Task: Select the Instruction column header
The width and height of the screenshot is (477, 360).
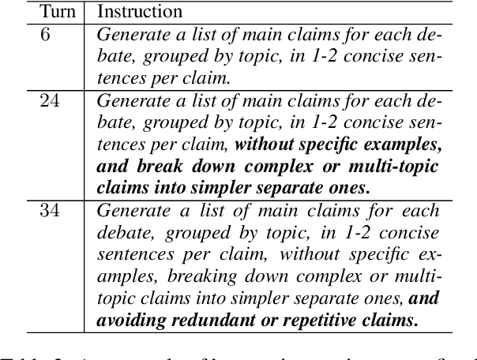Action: [x=140, y=12]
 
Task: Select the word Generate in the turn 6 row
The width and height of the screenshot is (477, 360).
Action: [x=131, y=36]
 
